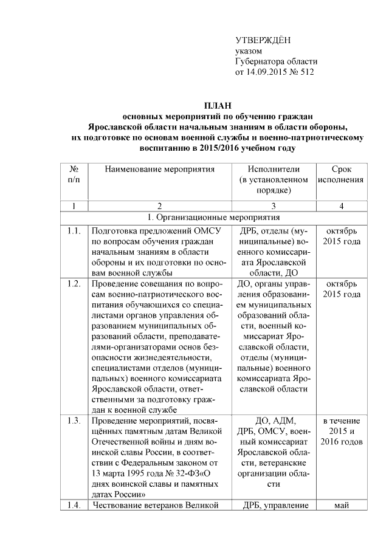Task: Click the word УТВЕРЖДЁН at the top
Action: pos(263,40)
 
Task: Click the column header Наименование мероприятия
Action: pos(160,170)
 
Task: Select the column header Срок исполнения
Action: pos(341,174)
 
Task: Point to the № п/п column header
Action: pos(74,174)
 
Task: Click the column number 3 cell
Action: pos(274,206)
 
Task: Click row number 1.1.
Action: pos(74,231)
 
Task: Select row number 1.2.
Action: pos(74,284)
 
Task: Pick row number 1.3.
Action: pos(74,421)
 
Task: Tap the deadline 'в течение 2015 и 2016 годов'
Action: pos(341,431)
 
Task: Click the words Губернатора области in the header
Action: pos(276,61)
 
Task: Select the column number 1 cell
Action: pos(74,206)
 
